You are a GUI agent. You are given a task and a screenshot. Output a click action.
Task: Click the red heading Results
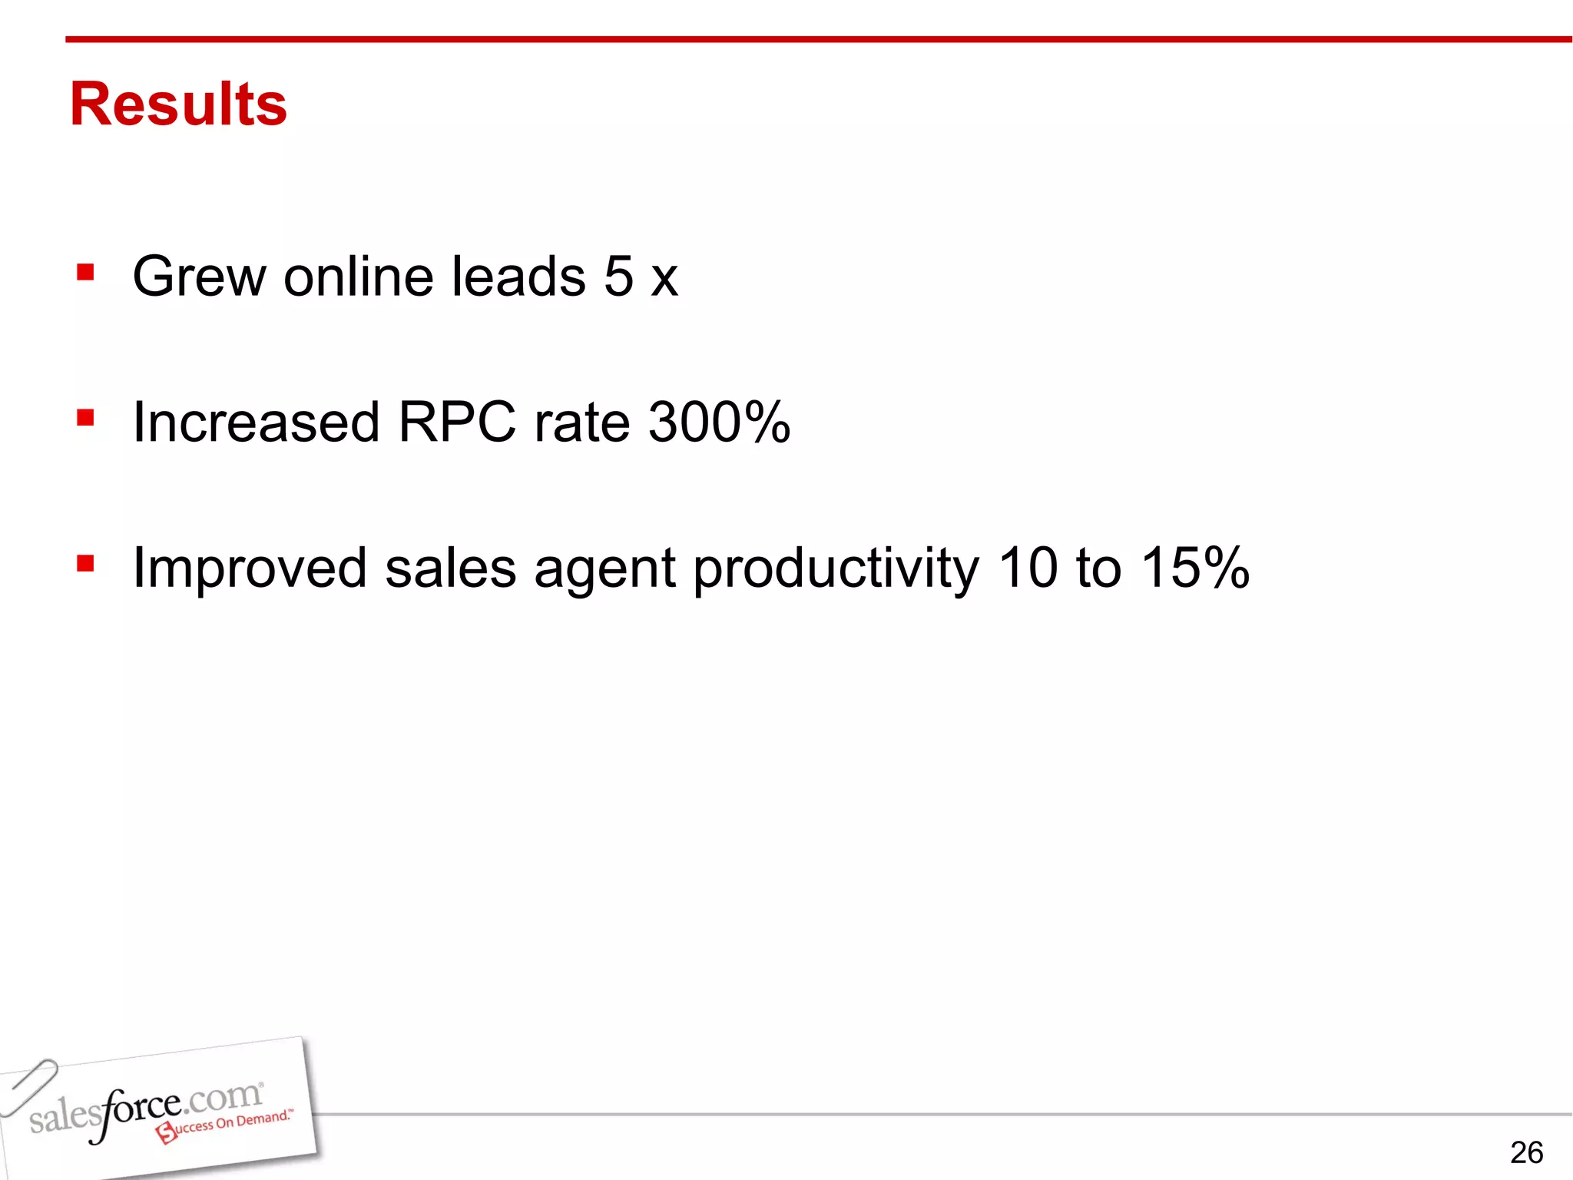[x=178, y=104]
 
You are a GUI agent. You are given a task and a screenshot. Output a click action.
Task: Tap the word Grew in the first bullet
[x=199, y=277]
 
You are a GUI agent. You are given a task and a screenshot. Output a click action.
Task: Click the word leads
[x=518, y=277]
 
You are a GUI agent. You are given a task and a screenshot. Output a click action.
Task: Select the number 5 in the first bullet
[x=619, y=277]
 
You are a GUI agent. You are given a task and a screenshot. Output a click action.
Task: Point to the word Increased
[x=257, y=423]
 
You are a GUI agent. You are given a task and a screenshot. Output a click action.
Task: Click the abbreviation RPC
[x=458, y=423]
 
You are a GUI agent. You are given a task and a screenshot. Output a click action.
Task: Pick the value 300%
[x=720, y=423]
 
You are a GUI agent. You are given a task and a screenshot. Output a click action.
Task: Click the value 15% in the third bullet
[x=1195, y=568]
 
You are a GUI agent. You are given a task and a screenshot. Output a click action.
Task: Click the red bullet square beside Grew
[x=85, y=273]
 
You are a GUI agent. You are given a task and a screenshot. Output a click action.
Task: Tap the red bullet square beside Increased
[x=85, y=418]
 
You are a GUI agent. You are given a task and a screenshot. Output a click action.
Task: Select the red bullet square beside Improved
[x=85, y=564]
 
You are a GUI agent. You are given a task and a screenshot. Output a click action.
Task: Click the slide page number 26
[x=1526, y=1152]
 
